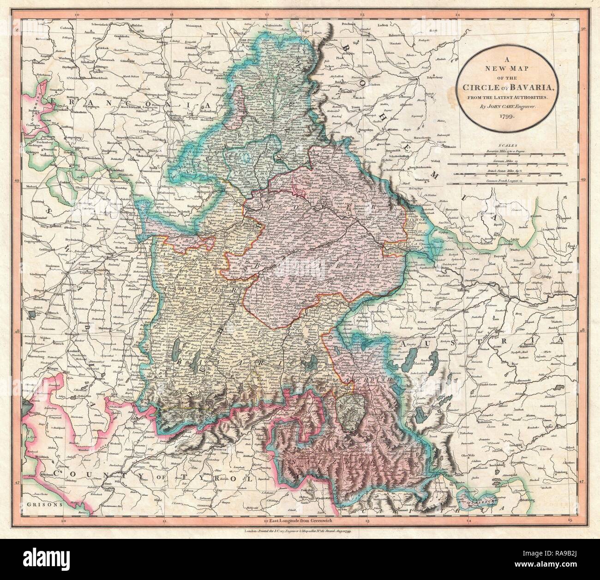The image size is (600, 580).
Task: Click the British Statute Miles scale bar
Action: click(x=507, y=174)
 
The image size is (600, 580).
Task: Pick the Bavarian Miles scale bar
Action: click(x=507, y=154)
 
